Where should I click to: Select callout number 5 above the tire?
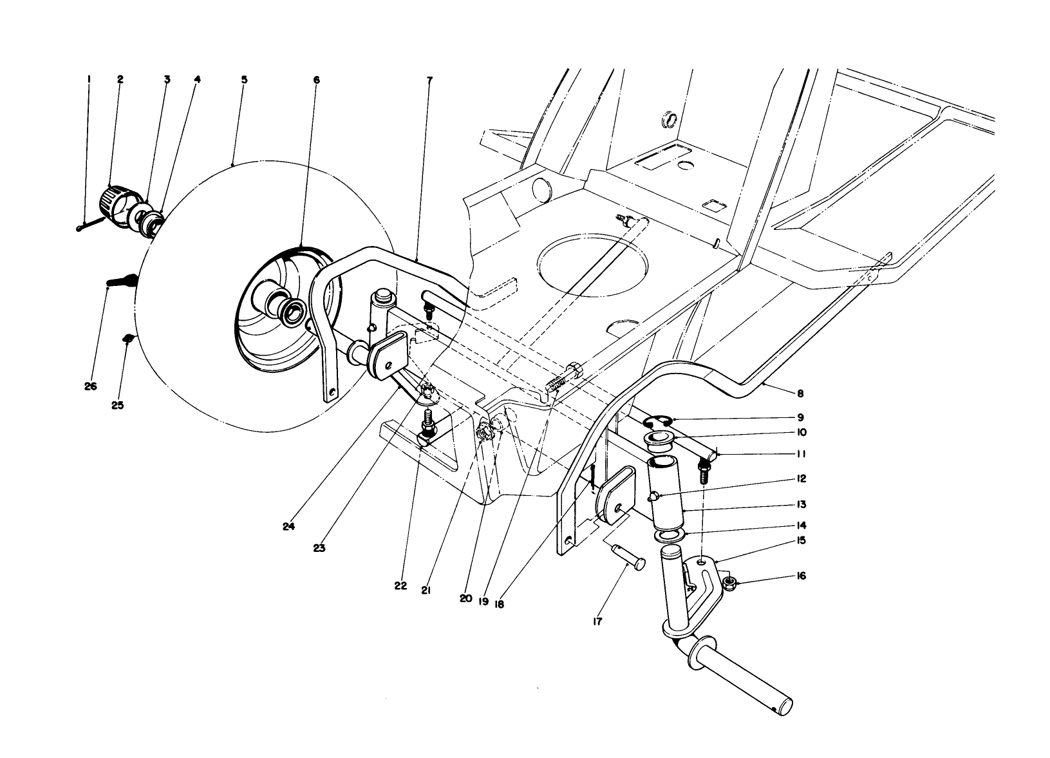coord(244,79)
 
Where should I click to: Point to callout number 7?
coord(429,80)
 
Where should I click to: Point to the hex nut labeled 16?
coord(729,584)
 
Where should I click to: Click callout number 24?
coord(288,526)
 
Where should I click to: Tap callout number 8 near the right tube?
coord(800,393)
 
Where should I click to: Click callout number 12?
coord(800,479)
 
